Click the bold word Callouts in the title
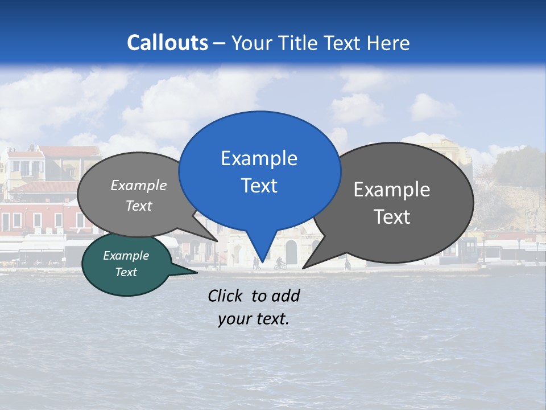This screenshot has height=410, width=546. click(167, 43)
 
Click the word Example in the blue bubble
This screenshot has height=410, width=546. click(259, 158)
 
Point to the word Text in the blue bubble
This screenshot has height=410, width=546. click(259, 186)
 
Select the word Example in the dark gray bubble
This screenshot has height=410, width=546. click(392, 190)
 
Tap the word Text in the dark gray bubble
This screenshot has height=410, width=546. click(392, 217)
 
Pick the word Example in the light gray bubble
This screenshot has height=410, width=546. click(139, 186)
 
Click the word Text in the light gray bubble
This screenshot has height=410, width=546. click(139, 206)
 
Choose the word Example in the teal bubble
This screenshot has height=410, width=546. click(126, 256)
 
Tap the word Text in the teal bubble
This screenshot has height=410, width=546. click(126, 272)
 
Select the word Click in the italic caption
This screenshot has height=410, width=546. click(226, 296)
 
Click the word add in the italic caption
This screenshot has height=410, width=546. click(286, 296)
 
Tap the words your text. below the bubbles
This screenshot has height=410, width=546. click(254, 319)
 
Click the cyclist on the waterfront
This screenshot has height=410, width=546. click(279, 263)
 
